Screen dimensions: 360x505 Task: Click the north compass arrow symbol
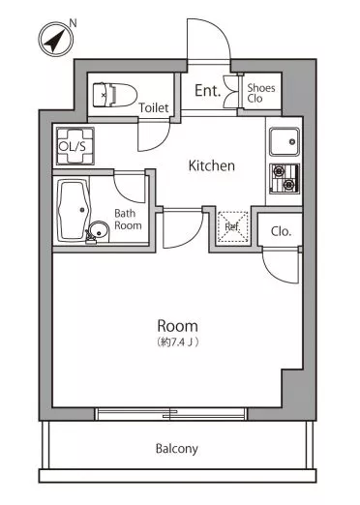pyautogui.click(x=55, y=40)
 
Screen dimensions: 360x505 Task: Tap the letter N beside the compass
pyautogui.click(x=74, y=23)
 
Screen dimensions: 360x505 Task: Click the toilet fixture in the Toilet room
pyautogui.click(x=114, y=95)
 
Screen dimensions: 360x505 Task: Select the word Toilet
pyautogui.click(x=154, y=107)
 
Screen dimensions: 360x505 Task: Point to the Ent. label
pyautogui.click(x=207, y=91)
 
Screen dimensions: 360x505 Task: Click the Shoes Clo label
pyautogui.click(x=261, y=93)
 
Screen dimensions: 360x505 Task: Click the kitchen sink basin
pyautogui.click(x=285, y=142)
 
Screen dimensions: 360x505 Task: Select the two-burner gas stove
pyautogui.click(x=285, y=179)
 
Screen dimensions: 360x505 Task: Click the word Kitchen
pyautogui.click(x=211, y=165)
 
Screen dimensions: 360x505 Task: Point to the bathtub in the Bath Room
pyautogui.click(x=74, y=211)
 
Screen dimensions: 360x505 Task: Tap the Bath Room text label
pyautogui.click(x=128, y=220)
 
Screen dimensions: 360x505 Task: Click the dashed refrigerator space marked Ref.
pyautogui.click(x=233, y=226)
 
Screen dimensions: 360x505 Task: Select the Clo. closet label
pyautogui.click(x=281, y=231)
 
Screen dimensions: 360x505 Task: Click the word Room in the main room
pyautogui.click(x=177, y=326)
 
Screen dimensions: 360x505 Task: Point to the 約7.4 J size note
pyautogui.click(x=177, y=342)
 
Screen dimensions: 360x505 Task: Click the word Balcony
pyautogui.click(x=176, y=449)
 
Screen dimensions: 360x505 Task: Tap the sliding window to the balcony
pyautogui.click(x=170, y=414)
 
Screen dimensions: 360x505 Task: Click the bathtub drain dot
pyautogui.click(x=82, y=210)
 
